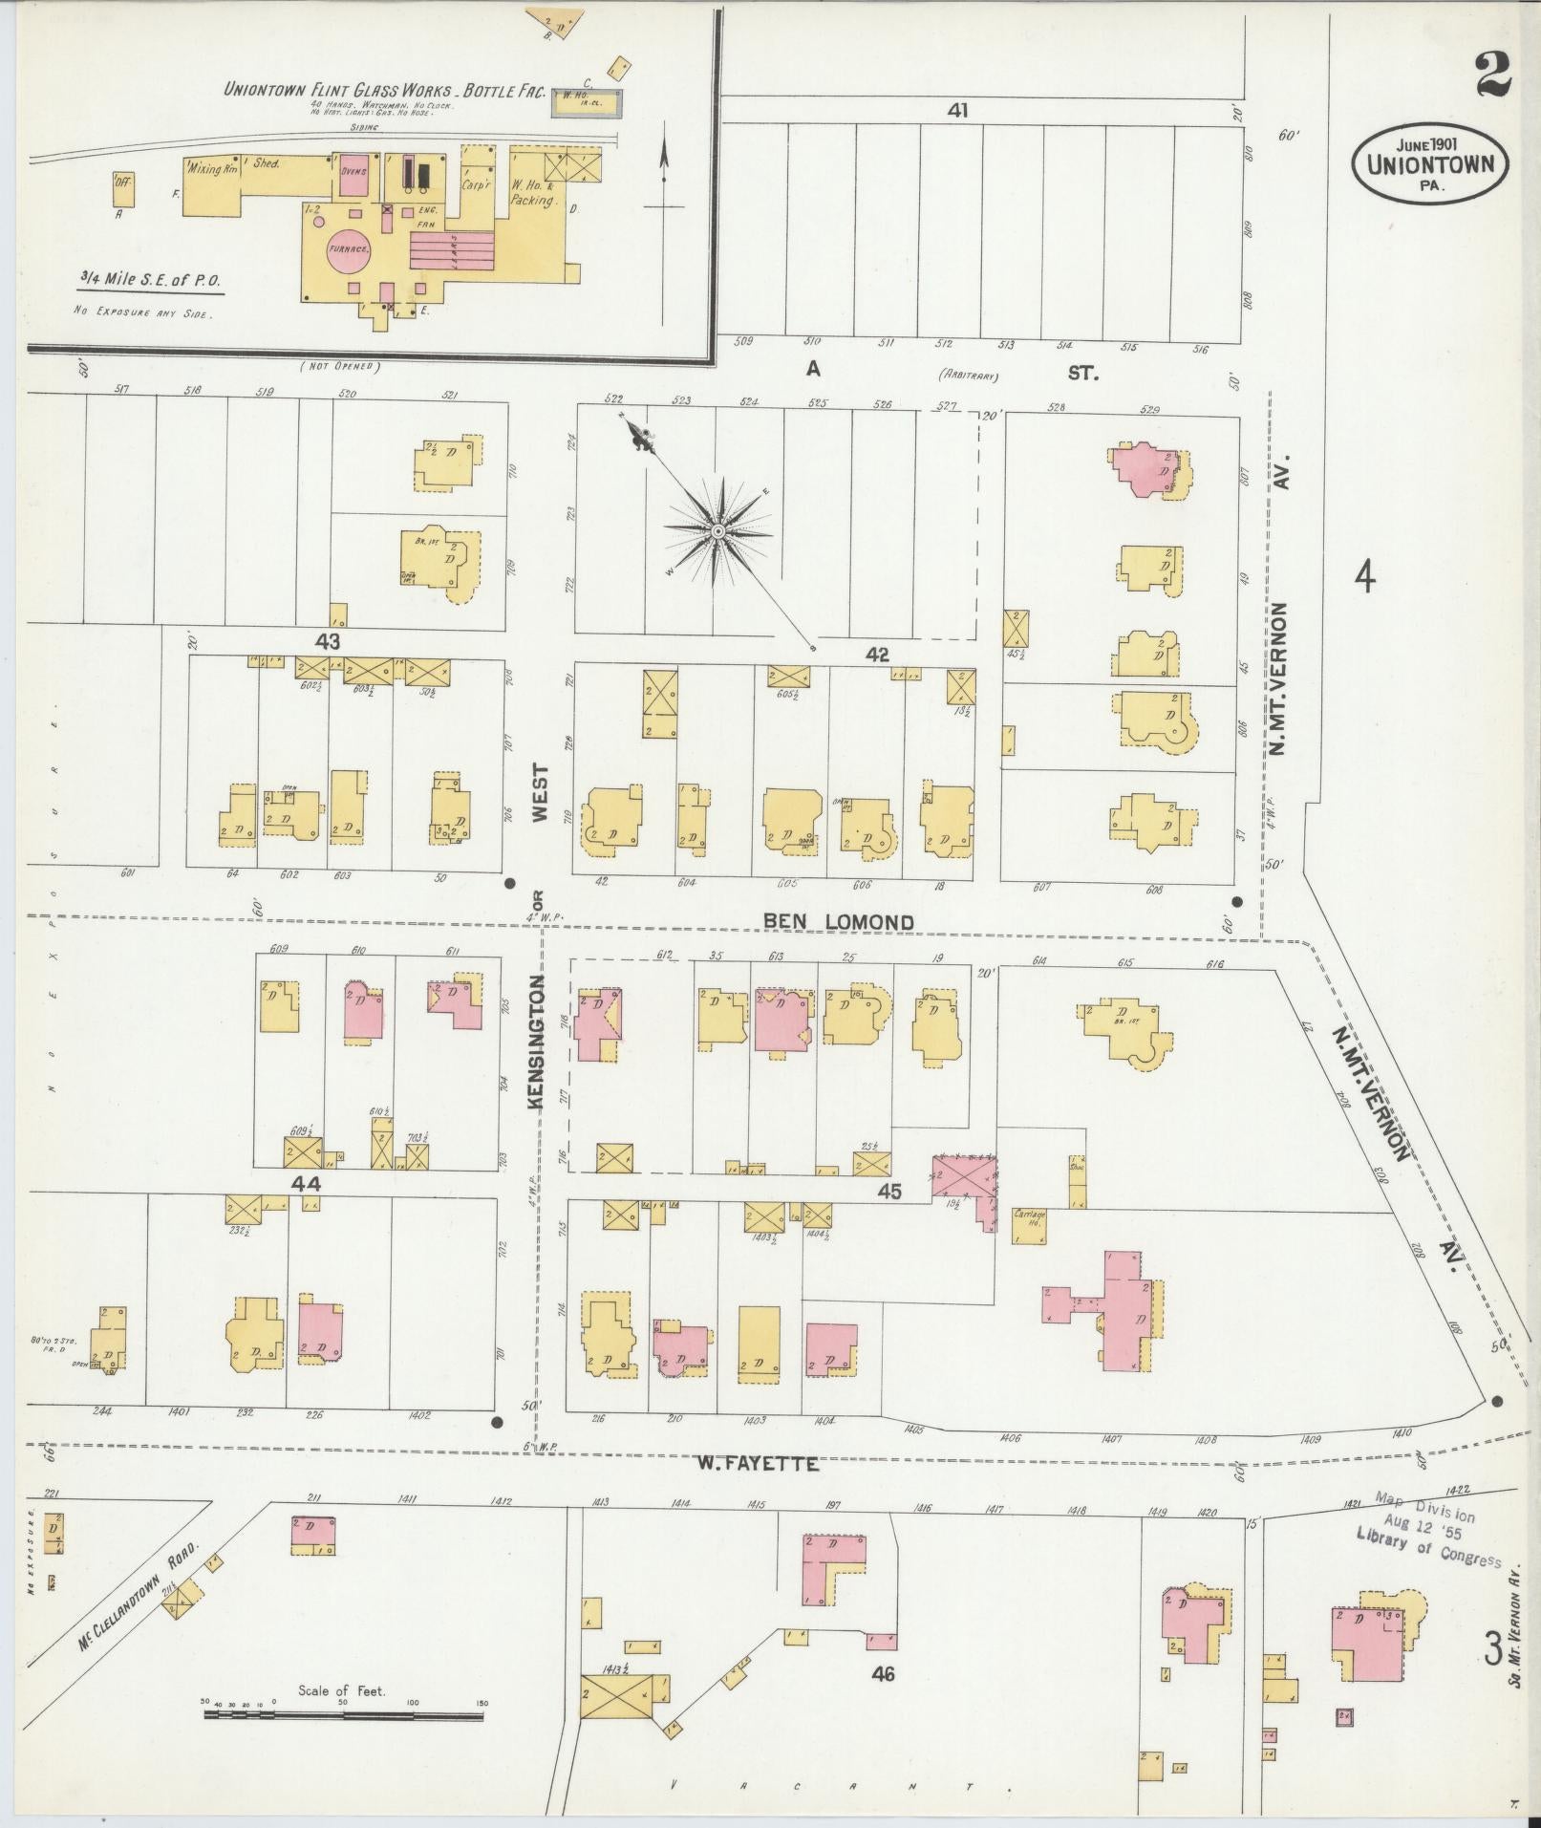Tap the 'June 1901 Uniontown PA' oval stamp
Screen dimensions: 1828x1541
click(x=1429, y=163)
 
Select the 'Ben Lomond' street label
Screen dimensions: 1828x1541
click(x=838, y=921)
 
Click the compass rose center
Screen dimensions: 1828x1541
click(x=716, y=530)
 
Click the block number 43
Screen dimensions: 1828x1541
click(x=330, y=641)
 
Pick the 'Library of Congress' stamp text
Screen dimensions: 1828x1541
click(x=1427, y=1551)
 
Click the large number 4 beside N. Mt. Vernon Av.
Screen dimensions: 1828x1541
click(x=1366, y=577)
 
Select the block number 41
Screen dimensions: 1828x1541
click(x=957, y=111)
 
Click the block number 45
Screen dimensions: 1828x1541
click(x=889, y=1191)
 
